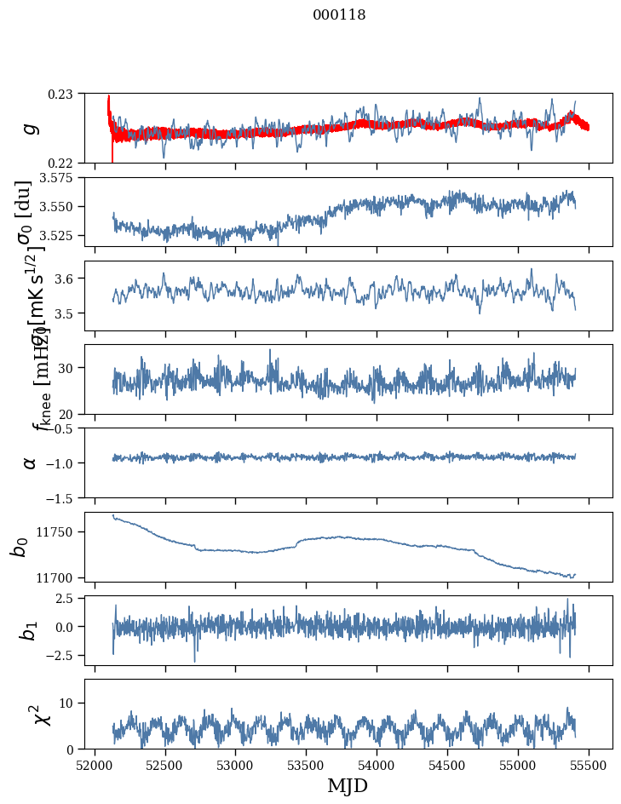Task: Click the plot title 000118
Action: pos(339,15)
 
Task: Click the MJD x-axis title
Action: pos(348,785)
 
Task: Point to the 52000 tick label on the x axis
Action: pos(95,764)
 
